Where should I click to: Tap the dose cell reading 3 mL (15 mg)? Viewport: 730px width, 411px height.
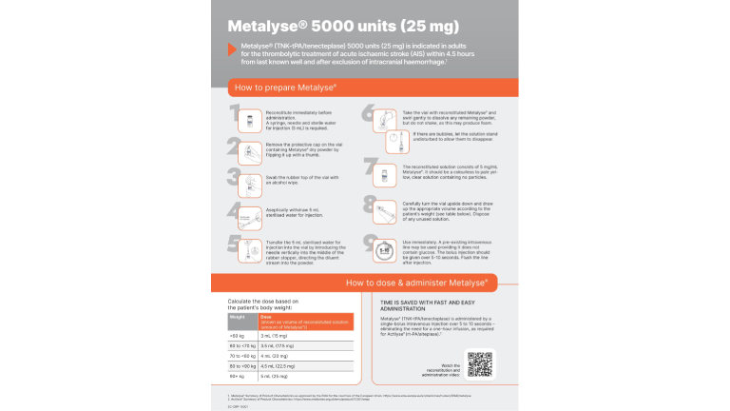point(278,336)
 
